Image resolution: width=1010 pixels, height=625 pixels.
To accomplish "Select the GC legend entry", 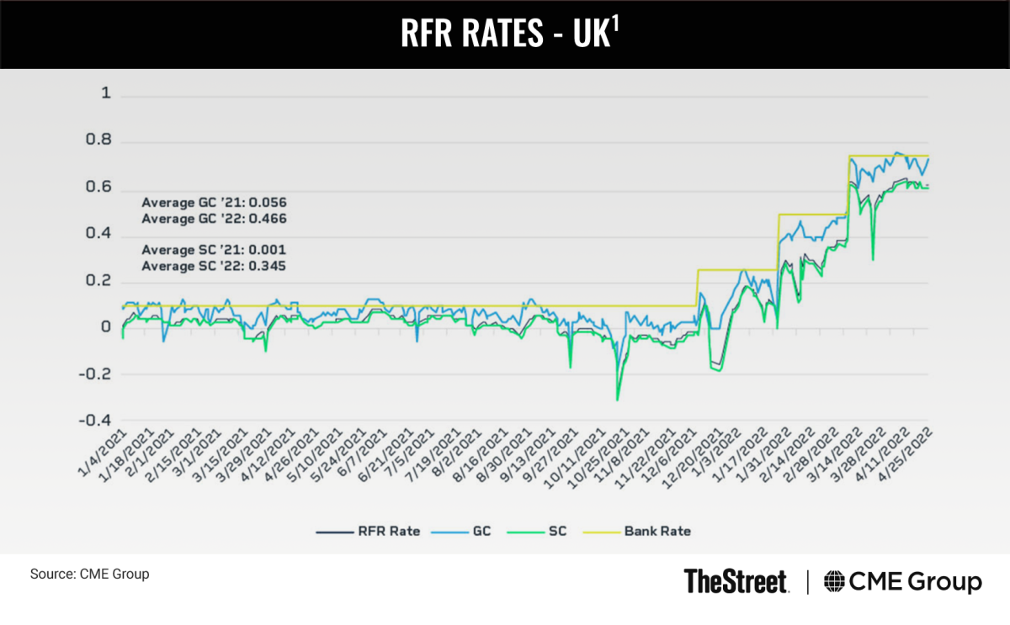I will point(482,531).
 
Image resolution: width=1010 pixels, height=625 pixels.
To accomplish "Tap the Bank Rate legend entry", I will point(656,531).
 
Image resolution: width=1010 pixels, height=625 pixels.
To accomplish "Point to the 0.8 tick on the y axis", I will point(100,141).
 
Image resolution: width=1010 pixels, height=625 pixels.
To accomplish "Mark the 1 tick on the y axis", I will point(106,94).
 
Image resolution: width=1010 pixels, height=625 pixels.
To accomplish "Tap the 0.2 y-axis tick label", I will point(100,280).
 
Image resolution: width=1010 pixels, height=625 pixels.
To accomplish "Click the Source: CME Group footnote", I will point(89,575).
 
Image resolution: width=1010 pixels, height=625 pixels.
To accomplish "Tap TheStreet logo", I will point(736,581).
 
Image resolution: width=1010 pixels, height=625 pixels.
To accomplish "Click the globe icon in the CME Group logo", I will point(836,581).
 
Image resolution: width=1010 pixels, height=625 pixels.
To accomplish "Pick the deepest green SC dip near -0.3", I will point(617,399).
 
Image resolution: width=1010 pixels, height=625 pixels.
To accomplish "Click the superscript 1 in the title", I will point(615,25).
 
